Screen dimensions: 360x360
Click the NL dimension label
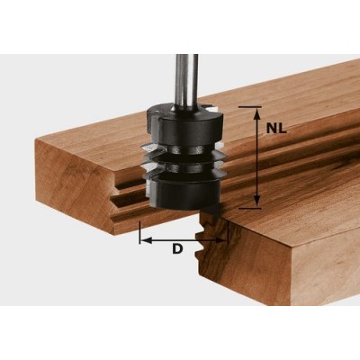pos(277,128)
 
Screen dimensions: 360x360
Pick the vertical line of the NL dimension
pos(257,157)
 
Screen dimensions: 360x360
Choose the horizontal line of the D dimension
pos(184,239)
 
